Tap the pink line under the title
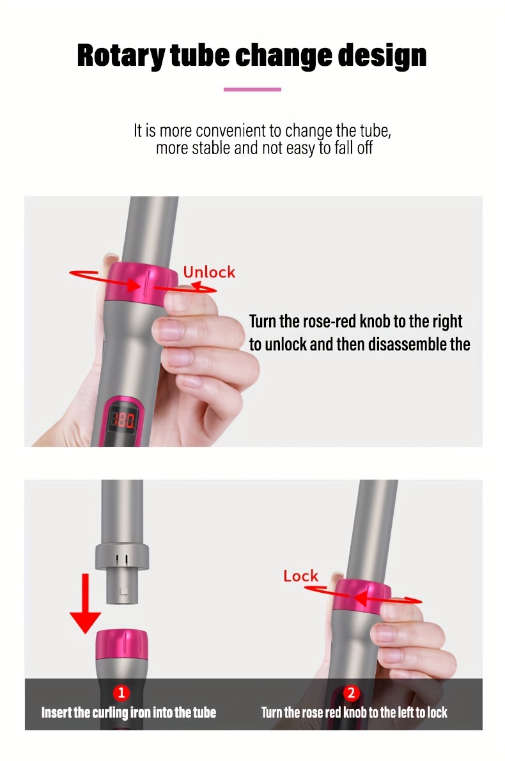pyautogui.click(x=252, y=90)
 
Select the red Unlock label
pyautogui.click(x=209, y=272)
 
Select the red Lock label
pyautogui.click(x=301, y=576)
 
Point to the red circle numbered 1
pyautogui.click(x=121, y=693)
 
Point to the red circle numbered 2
pyautogui.click(x=351, y=693)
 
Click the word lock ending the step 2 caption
pyautogui.click(x=437, y=712)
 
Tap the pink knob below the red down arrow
pyautogui.click(x=121, y=645)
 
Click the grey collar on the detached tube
pyautogui.click(x=121, y=556)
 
